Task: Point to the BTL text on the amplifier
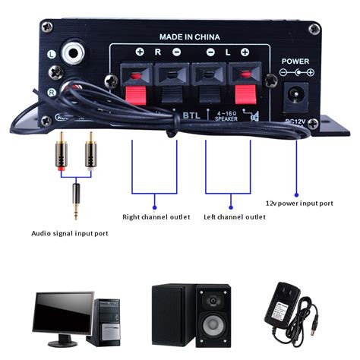[x=191, y=116]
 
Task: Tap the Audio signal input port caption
[x=69, y=233]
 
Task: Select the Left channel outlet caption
[x=235, y=216]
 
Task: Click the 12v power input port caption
[x=299, y=203]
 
